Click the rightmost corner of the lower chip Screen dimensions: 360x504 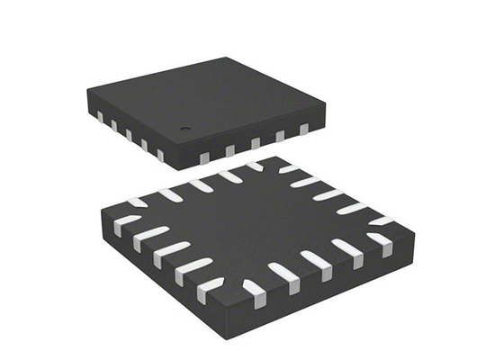416,232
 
